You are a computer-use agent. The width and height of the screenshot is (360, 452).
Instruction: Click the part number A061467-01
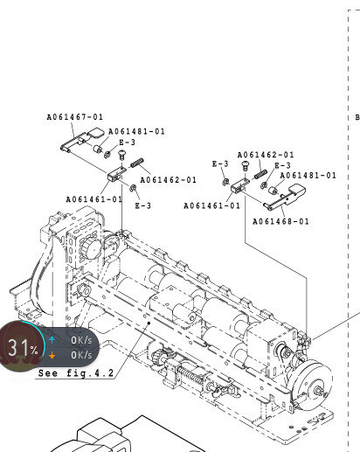[75, 117]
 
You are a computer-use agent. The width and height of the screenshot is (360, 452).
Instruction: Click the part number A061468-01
[280, 221]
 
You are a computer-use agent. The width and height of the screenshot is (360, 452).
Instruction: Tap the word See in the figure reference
[48, 373]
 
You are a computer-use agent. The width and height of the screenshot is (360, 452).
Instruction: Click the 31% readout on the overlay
[23, 347]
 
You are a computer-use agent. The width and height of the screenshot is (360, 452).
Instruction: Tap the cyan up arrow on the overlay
[52, 340]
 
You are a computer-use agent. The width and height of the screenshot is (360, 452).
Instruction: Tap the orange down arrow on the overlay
[52, 355]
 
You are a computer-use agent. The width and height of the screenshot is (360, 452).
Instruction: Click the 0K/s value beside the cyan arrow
[81, 340]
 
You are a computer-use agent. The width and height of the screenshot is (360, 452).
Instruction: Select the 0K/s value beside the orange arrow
[81, 355]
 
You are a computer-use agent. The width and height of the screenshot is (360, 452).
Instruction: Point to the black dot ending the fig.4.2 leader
[149, 323]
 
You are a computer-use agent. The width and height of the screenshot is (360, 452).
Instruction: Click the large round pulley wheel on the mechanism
[312, 384]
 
